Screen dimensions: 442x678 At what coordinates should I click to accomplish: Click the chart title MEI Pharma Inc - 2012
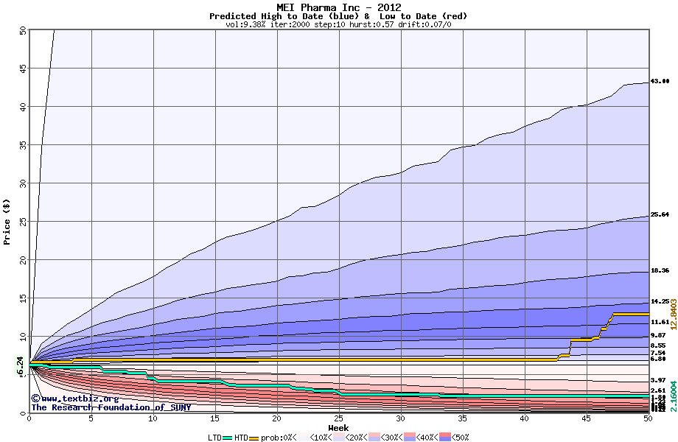point(338,7)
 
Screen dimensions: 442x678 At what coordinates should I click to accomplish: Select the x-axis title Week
point(338,428)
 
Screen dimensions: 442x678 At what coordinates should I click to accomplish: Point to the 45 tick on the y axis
point(22,69)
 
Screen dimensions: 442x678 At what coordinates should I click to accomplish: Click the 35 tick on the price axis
point(22,145)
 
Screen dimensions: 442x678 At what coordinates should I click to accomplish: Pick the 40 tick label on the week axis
point(524,418)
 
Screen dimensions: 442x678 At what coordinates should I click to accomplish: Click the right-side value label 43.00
point(660,82)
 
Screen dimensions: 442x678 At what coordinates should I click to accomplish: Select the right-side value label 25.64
point(660,215)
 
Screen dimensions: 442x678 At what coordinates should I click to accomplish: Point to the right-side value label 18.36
point(660,271)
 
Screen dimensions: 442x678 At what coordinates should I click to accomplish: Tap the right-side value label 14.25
point(660,302)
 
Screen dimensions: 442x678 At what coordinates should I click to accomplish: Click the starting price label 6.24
point(21,366)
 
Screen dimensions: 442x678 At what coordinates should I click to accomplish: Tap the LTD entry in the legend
point(215,438)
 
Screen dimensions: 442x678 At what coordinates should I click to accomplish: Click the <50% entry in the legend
point(458,438)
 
